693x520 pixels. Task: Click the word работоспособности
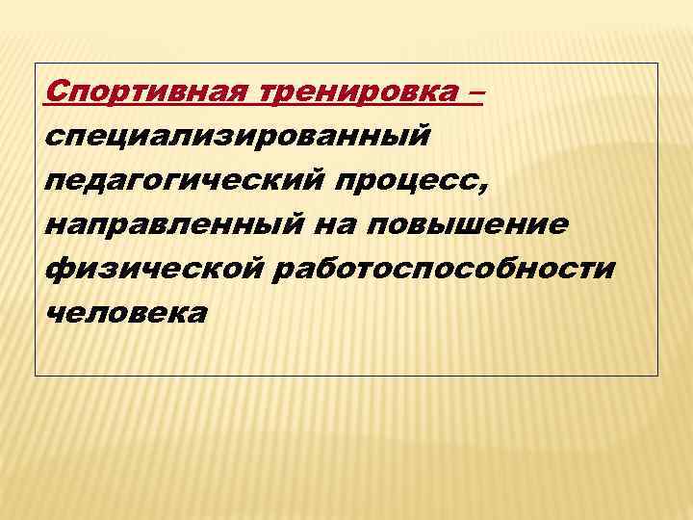pos(444,267)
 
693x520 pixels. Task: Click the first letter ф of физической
pos(56,268)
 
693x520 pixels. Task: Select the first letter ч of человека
pos(54,312)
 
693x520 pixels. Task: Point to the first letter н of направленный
pos(55,223)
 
